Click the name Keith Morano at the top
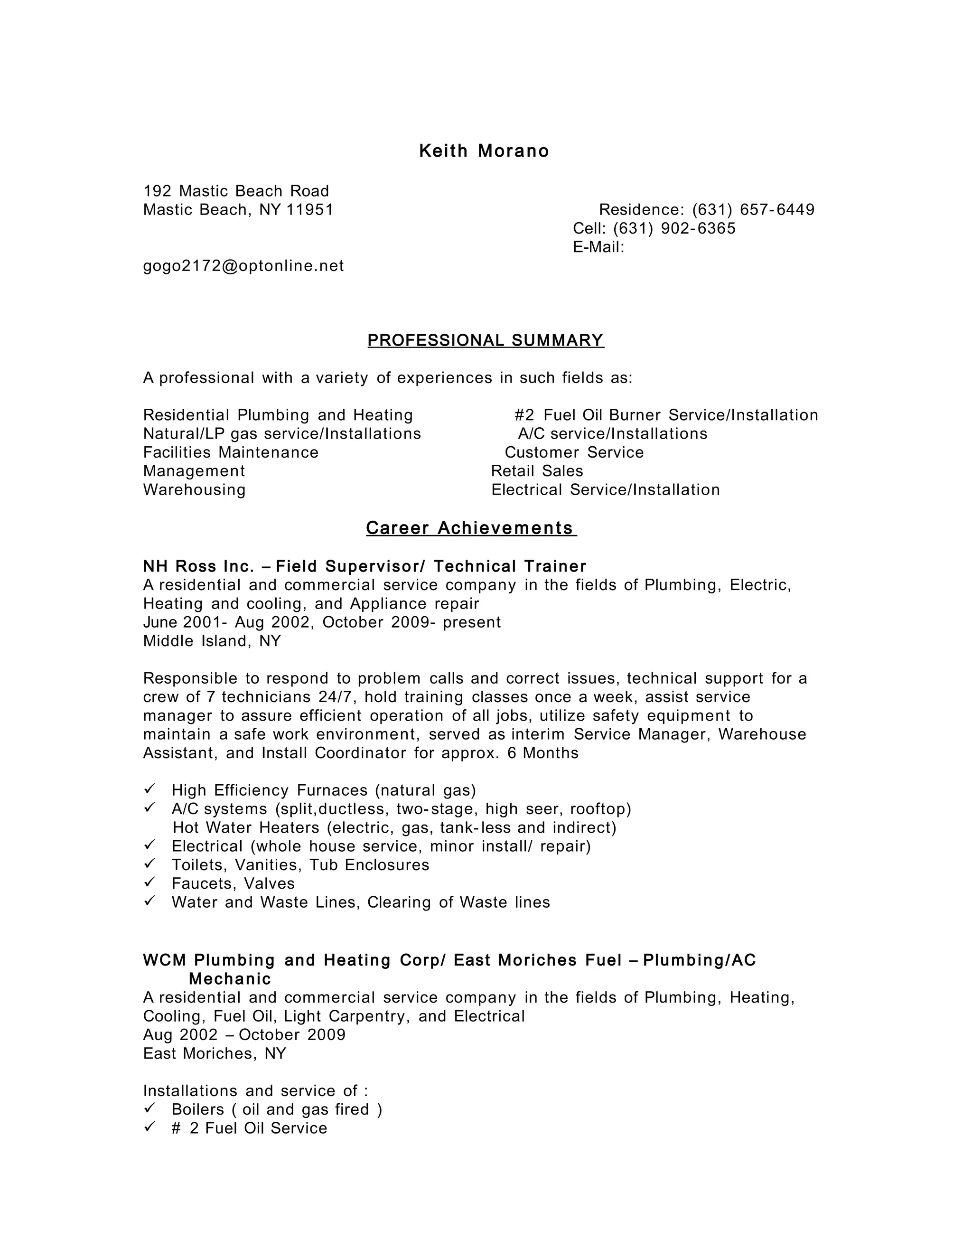point(484,151)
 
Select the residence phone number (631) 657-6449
point(753,210)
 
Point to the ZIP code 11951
point(310,210)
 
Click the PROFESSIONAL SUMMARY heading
point(486,340)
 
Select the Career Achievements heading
point(470,528)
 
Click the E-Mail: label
point(598,247)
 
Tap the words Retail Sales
point(537,471)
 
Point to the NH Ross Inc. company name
point(198,567)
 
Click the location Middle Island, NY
point(211,641)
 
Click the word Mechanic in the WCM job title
point(230,979)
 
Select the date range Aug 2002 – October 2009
point(244,1035)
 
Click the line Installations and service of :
point(255,1091)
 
